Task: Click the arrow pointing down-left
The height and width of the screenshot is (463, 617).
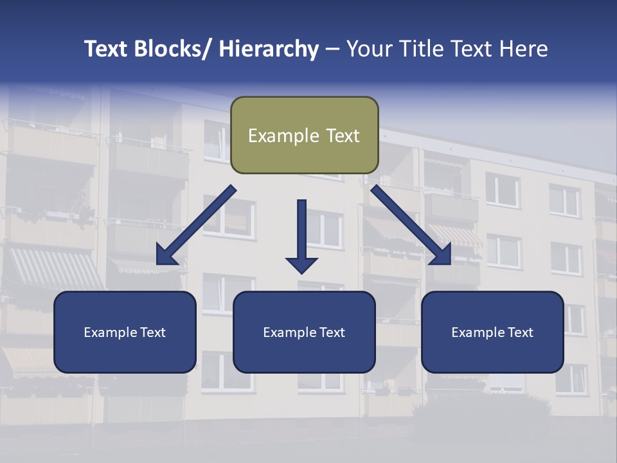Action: click(196, 225)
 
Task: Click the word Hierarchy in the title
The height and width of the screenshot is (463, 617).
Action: click(269, 49)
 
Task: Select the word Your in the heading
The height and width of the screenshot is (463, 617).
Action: click(370, 49)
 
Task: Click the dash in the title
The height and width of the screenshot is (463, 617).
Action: click(332, 49)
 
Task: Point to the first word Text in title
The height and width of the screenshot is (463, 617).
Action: click(107, 49)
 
